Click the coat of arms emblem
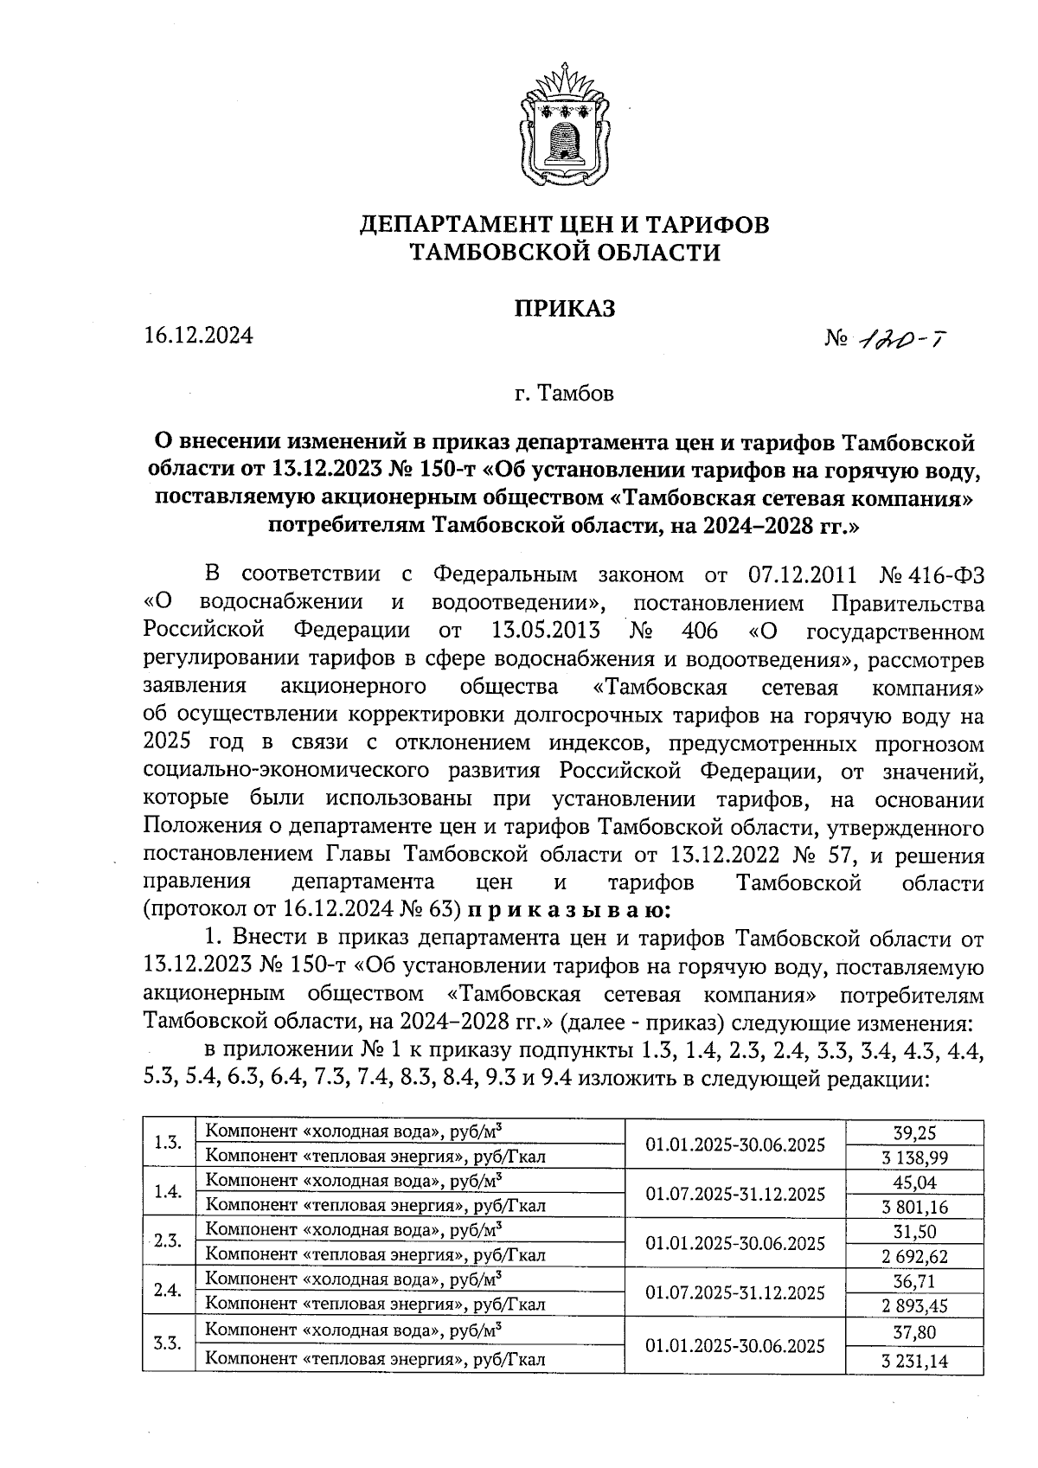[564, 121]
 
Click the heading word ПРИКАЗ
[565, 308]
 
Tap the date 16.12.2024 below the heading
[198, 336]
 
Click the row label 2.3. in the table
[167, 1242]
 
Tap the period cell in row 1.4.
[734, 1194]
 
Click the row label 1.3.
[167, 1143]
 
